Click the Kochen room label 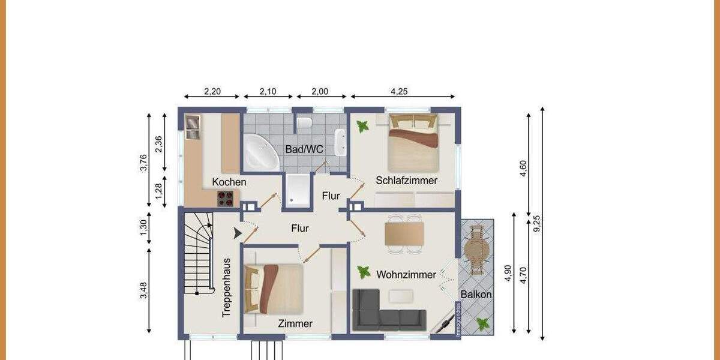(229, 182)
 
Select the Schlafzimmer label (406, 180)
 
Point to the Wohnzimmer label (406, 275)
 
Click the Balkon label (476, 295)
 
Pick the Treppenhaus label (227, 287)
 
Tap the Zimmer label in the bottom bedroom (295, 323)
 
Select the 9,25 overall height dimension (538, 223)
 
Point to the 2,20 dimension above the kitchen (212, 92)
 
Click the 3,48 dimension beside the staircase (144, 291)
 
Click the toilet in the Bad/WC (305, 123)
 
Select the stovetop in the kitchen (226, 198)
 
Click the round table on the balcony (476, 248)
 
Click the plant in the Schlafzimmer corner (362, 127)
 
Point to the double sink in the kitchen (192, 127)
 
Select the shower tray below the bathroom (296, 190)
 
